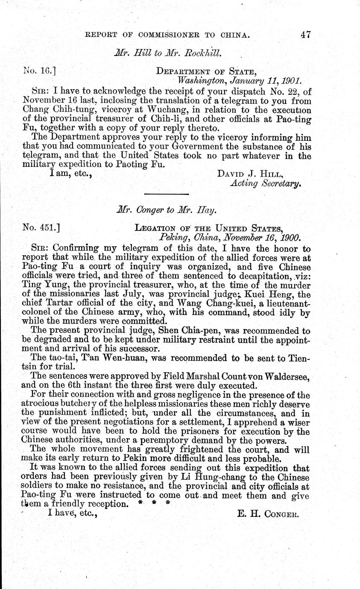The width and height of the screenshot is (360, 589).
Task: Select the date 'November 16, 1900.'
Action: (x=258, y=237)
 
